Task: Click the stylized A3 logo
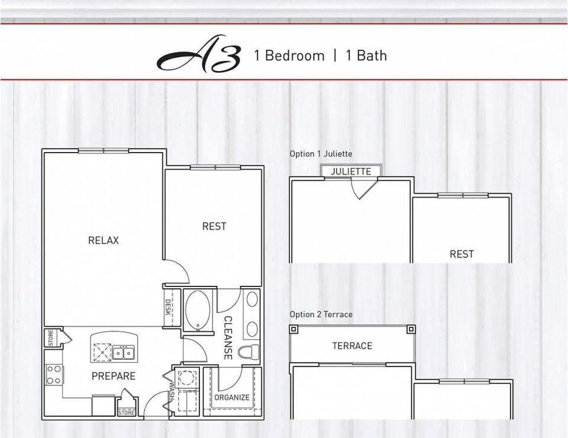pyautogui.click(x=199, y=55)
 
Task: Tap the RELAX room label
pyautogui.click(x=104, y=240)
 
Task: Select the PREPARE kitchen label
pyautogui.click(x=113, y=376)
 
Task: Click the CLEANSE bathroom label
pyautogui.click(x=228, y=337)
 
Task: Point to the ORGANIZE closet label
pyautogui.click(x=232, y=397)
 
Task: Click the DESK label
pyautogui.click(x=169, y=308)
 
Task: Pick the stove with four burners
pyautogui.click(x=54, y=374)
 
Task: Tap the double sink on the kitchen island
pyautogui.click(x=124, y=352)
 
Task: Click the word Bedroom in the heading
pyautogui.click(x=295, y=56)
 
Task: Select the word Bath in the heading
pyautogui.click(x=372, y=56)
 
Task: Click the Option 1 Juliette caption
pyautogui.click(x=321, y=154)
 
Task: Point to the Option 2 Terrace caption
pyautogui.click(x=321, y=314)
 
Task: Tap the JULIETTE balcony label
pyautogui.click(x=351, y=172)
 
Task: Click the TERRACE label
pyautogui.click(x=352, y=346)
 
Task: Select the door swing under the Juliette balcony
pyautogui.click(x=363, y=188)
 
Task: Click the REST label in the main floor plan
pyautogui.click(x=214, y=226)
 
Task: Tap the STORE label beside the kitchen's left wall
pyautogui.click(x=50, y=338)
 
